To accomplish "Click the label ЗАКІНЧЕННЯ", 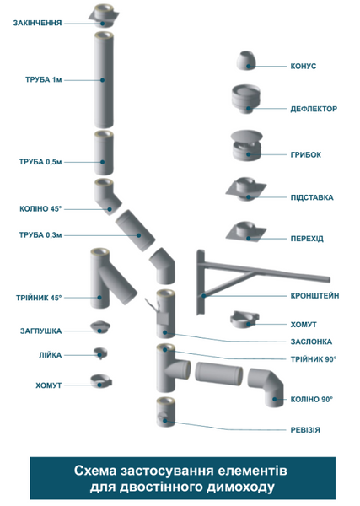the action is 37,23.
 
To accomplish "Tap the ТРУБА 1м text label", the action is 43,80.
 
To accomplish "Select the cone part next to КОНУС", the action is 247,61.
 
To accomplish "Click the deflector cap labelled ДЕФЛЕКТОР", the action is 246,99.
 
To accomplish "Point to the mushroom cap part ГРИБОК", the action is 247,146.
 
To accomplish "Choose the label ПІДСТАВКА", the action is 312,197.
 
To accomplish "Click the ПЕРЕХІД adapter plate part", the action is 246,232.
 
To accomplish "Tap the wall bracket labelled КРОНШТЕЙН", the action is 263,282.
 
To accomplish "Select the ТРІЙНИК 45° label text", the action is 39,298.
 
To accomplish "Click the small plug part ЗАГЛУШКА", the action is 100,327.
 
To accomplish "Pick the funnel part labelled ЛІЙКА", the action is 100,353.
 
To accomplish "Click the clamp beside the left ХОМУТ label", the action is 101,381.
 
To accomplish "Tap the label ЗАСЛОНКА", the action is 311,342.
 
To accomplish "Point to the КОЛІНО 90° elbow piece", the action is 266,387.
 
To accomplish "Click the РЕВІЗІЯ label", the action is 305,430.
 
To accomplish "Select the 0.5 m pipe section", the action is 104,153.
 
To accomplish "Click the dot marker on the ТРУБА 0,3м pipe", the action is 139,235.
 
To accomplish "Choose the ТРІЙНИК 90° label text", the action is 314,359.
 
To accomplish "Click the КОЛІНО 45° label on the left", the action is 40,209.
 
